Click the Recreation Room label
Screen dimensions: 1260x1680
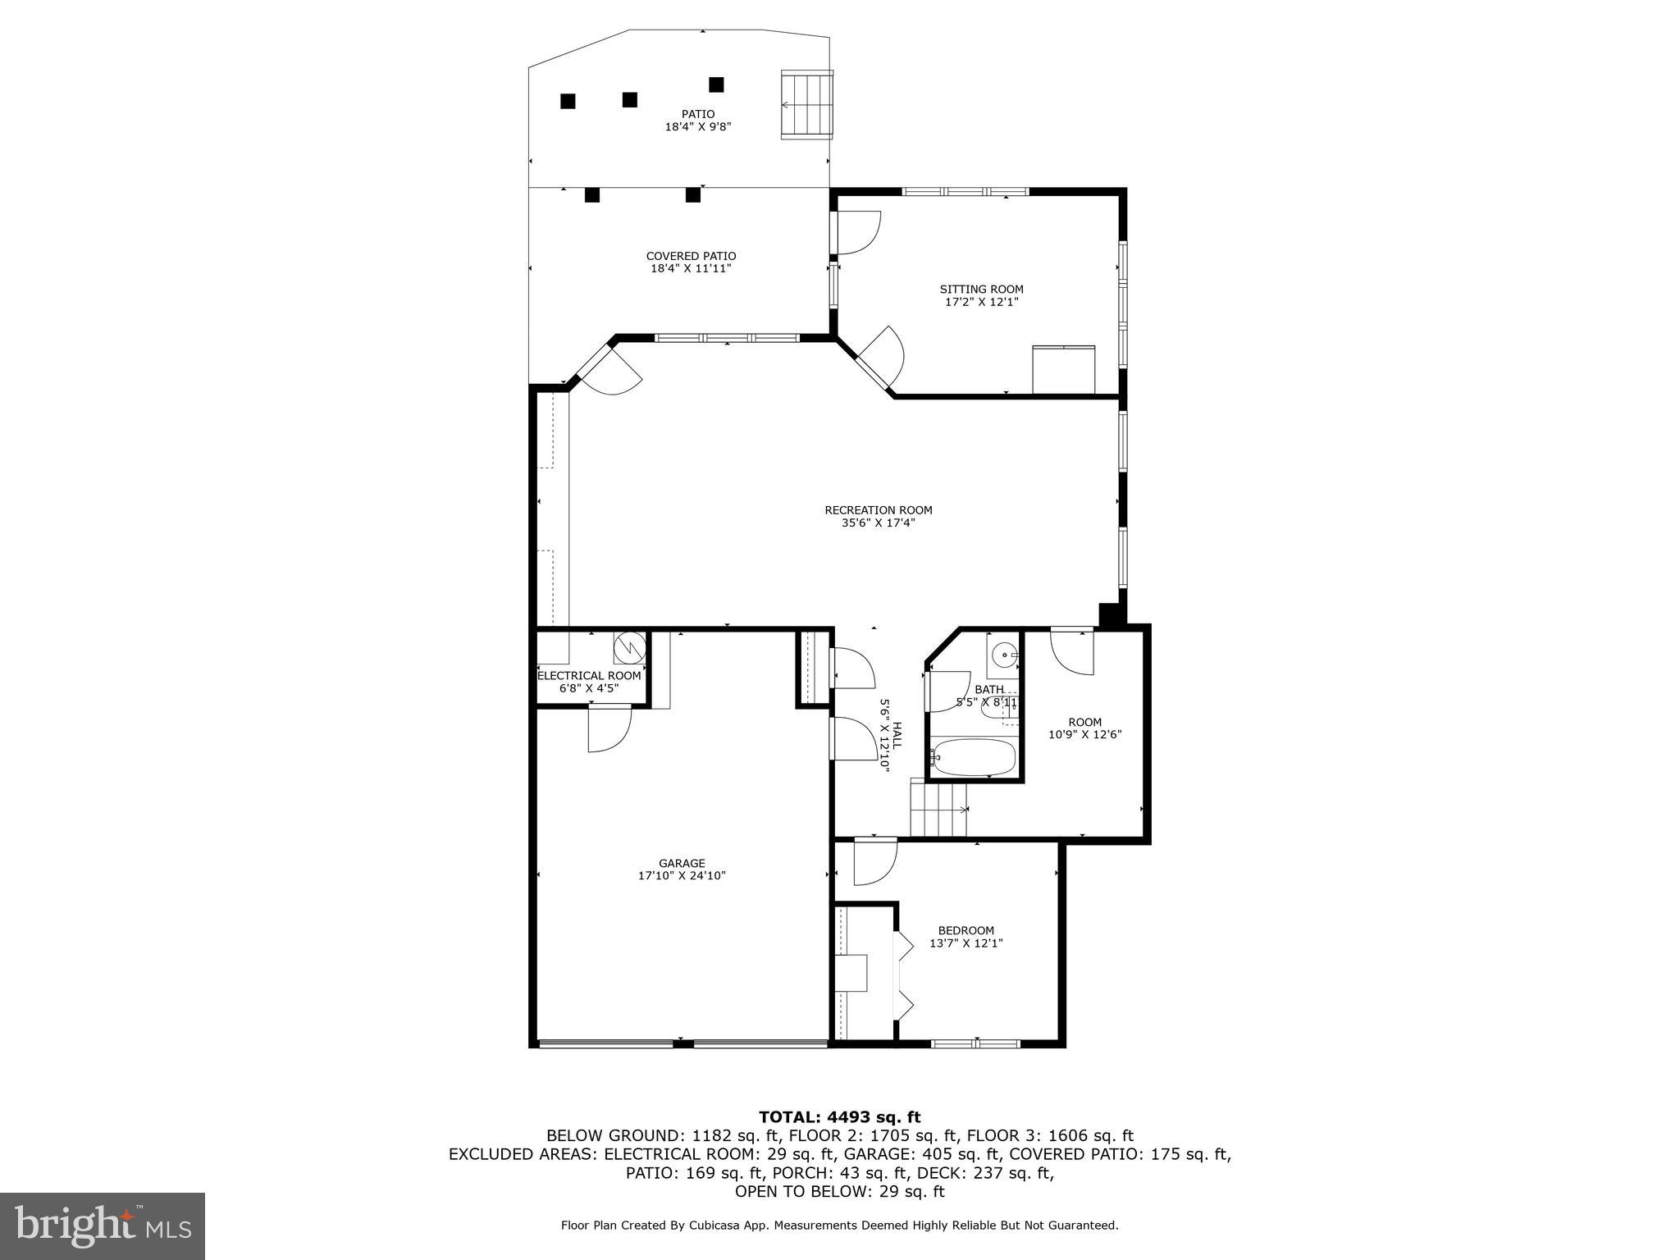(x=878, y=510)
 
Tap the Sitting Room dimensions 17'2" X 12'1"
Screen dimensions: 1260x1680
(x=981, y=302)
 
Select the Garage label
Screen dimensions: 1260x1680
(x=682, y=863)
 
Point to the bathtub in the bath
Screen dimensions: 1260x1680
(x=975, y=757)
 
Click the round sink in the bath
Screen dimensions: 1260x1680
(x=1004, y=656)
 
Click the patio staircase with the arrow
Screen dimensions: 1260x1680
(x=807, y=105)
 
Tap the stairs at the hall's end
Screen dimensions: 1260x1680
(x=938, y=810)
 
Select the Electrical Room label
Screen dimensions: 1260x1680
(x=589, y=676)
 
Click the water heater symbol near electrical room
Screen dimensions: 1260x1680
(x=630, y=647)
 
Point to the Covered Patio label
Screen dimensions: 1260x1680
(x=691, y=256)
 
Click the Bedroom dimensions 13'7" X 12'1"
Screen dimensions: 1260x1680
(x=966, y=943)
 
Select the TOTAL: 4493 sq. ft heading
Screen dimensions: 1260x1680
(x=839, y=1116)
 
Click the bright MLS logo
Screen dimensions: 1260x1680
(x=103, y=1226)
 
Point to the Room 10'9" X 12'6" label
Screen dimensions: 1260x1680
(x=1084, y=728)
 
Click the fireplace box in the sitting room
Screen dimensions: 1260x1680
(x=1063, y=371)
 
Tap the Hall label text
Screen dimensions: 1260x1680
(x=896, y=735)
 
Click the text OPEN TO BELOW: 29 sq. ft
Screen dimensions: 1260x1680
(x=839, y=1192)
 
